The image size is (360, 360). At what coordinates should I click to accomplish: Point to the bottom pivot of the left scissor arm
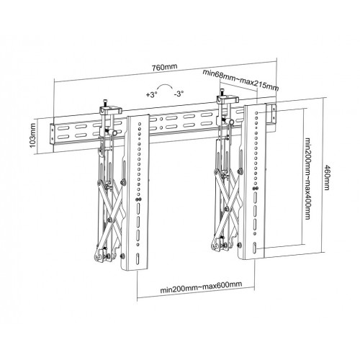(x=106, y=253)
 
